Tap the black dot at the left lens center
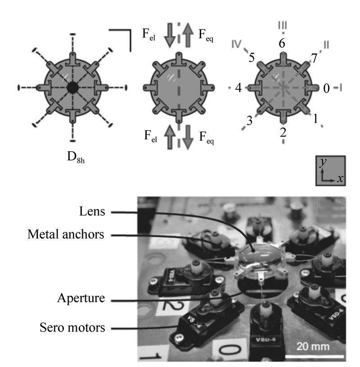[x=72, y=87]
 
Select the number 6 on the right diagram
[x=282, y=44]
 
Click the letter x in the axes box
[x=340, y=179]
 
